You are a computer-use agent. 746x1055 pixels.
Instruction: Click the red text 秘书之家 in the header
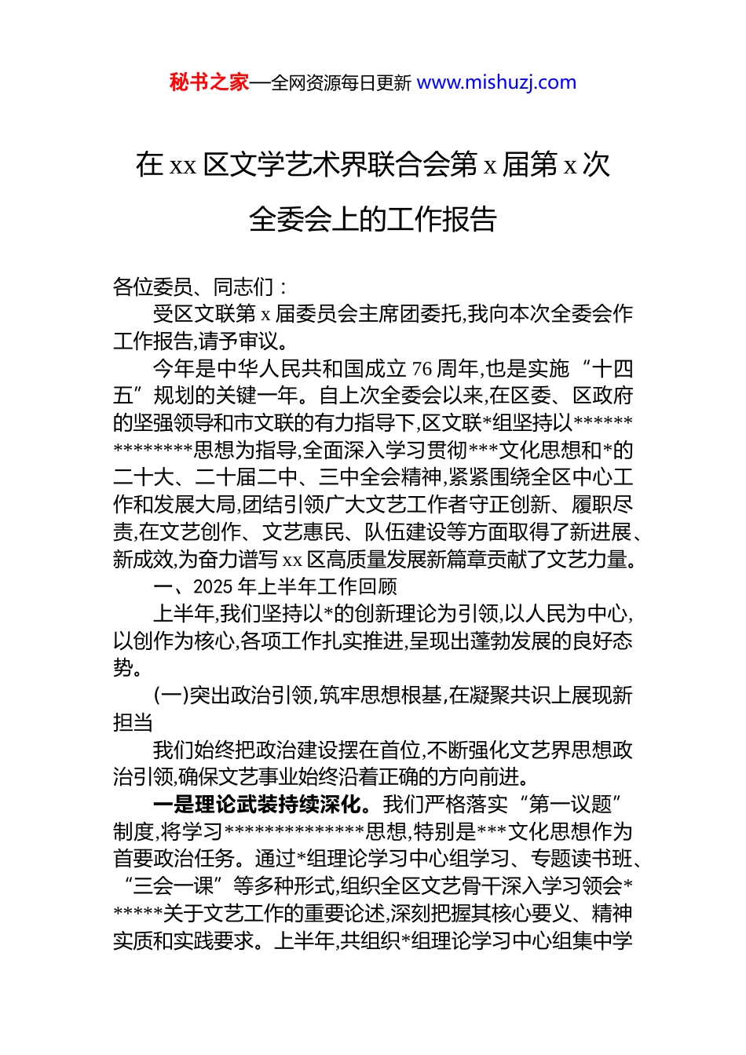(209, 82)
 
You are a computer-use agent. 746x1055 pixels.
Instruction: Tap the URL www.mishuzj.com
(496, 82)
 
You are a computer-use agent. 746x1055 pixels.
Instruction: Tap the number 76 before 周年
(422, 369)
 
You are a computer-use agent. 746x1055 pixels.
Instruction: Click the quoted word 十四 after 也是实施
(612, 369)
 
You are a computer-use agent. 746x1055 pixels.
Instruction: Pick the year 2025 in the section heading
(212, 587)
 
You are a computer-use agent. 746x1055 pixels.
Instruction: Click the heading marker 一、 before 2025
(172, 587)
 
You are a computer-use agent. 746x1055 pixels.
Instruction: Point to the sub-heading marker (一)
(170, 696)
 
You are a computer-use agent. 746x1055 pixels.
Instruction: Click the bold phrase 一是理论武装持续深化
(258, 805)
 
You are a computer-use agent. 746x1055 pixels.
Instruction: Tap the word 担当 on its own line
(133, 723)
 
